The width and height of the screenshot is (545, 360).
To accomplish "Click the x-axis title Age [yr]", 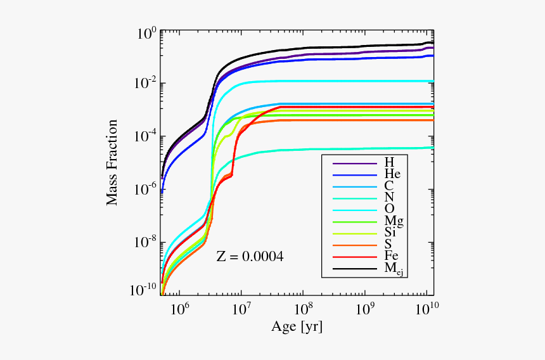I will (297, 327).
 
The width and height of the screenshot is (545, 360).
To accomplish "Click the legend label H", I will (389, 162).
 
